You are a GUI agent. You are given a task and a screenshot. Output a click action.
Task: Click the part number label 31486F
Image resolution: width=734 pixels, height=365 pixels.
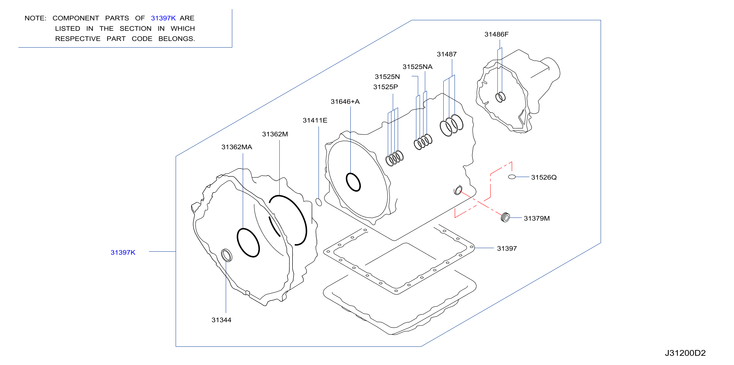496,34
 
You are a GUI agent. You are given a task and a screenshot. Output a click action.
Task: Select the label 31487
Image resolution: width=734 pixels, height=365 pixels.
446,54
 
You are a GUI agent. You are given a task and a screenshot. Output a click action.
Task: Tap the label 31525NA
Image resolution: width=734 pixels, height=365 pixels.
417,67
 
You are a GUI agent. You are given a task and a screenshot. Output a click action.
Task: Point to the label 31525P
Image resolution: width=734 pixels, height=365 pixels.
385,87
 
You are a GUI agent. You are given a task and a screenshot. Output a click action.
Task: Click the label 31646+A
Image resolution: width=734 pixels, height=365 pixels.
345,102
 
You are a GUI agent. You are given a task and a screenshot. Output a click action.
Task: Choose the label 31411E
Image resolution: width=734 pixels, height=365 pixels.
315,120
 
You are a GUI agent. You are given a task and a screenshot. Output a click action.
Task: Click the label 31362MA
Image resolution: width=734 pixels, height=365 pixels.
237,147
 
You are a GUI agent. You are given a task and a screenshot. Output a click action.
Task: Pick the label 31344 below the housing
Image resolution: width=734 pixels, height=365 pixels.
221,320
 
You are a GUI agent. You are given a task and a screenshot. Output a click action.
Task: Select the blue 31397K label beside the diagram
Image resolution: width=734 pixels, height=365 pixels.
123,252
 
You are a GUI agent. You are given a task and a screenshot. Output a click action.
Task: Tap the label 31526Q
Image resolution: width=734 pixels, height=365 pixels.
544,177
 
